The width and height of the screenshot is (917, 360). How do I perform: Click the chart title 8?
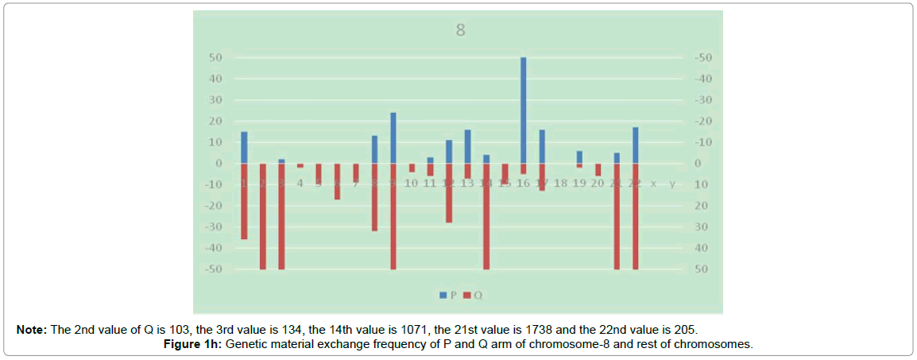point(459,31)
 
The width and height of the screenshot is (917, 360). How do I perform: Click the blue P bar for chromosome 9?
point(393,137)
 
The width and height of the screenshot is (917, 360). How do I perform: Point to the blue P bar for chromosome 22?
point(636,145)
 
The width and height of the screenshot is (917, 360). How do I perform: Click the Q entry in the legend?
point(473,295)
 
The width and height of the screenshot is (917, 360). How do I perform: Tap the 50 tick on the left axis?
point(215,58)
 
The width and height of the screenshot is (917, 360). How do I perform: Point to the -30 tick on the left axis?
point(212,227)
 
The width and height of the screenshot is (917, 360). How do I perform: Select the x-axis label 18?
point(560,184)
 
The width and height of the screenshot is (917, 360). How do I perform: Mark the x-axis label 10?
point(411,184)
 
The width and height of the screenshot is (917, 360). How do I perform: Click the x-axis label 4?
point(300,184)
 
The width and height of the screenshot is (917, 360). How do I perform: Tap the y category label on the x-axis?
point(672,184)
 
